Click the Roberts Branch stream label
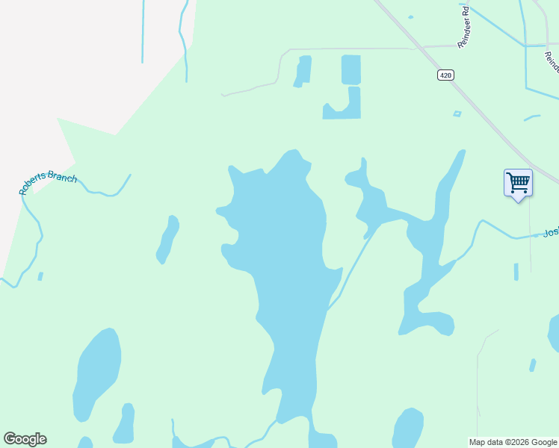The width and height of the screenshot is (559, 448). [48, 181]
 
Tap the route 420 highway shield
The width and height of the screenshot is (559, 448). [446, 75]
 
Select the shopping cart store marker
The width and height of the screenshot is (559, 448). [517, 183]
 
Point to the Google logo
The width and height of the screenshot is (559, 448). [25, 439]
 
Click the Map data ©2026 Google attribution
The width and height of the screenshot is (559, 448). [513, 442]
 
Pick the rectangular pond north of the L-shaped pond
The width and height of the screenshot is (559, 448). [350, 69]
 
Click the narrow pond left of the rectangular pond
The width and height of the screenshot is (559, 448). [303, 71]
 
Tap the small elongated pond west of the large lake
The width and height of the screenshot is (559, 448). [167, 240]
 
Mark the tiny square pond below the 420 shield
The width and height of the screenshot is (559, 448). [457, 113]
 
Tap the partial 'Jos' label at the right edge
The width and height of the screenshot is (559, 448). [551, 232]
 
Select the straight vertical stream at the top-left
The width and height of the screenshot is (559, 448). [142, 30]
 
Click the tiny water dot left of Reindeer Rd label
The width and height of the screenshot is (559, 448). [410, 16]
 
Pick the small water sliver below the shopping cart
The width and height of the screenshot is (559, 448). [516, 272]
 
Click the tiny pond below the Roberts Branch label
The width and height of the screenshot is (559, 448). [40, 276]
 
